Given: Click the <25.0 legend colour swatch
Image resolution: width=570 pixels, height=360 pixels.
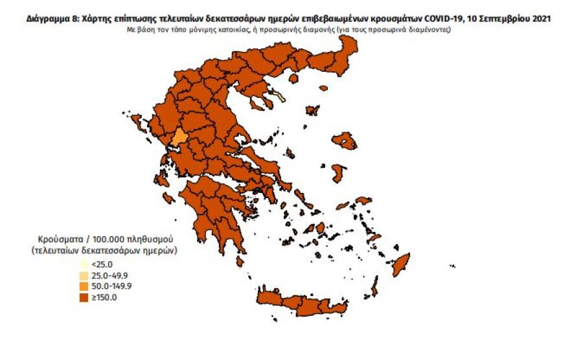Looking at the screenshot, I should point(84,264).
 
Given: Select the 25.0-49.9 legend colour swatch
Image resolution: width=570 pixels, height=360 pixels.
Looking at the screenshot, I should point(84,275).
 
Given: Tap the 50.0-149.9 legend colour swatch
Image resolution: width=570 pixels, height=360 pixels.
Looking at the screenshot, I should point(84,286).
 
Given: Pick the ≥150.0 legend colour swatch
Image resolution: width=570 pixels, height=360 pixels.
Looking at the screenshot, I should point(84,297).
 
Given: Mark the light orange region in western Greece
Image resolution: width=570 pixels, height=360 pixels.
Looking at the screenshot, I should point(177,138).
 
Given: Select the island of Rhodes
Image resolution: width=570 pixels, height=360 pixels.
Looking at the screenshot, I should point(402,264).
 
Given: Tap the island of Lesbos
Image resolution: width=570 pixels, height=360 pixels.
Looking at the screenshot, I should point(344,141).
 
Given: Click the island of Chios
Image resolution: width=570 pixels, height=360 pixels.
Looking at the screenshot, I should point(337,173).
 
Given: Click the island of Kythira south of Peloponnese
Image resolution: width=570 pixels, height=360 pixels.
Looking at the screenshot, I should point(240,261).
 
